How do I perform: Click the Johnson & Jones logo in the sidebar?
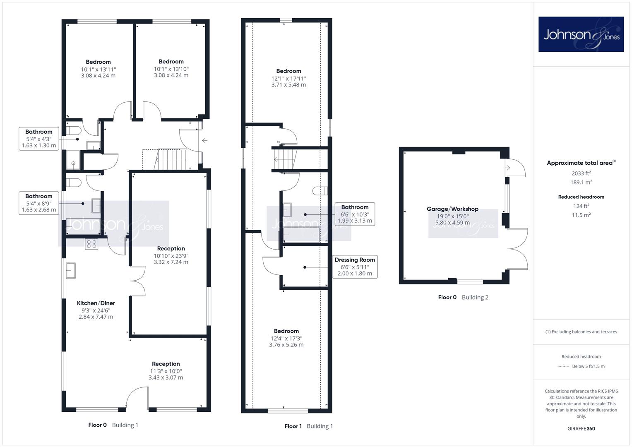(x=581, y=34)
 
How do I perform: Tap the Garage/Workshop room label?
(x=452, y=209)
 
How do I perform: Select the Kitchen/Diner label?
(x=96, y=303)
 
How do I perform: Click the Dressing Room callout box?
(x=355, y=267)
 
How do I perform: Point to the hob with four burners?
(x=92, y=244)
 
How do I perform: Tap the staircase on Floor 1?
(x=285, y=159)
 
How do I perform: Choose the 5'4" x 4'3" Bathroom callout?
(x=38, y=139)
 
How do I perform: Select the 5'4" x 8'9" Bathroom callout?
(x=38, y=203)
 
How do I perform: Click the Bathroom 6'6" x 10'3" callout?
(x=355, y=214)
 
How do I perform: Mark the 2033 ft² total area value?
(x=581, y=173)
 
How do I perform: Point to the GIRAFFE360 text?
(x=581, y=428)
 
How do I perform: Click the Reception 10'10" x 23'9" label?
(x=171, y=255)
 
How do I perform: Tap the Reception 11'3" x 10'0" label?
(x=166, y=370)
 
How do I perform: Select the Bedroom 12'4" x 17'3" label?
(x=286, y=338)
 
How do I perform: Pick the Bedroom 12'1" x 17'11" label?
(x=288, y=78)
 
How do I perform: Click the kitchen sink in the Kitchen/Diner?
(x=70, y=270)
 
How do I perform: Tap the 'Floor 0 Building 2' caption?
(x=463, y=297)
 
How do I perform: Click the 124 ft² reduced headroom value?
(x=581, y=206)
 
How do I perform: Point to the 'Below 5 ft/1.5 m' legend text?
(x=588, y=366)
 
